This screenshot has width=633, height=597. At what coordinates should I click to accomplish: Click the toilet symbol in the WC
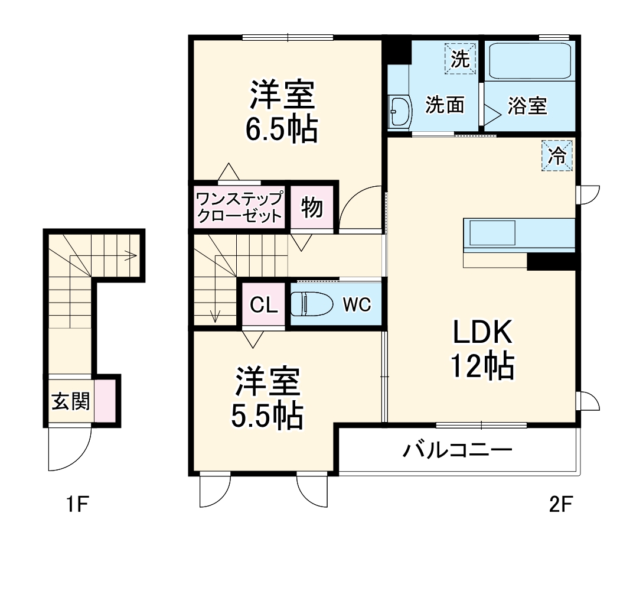point(308,304)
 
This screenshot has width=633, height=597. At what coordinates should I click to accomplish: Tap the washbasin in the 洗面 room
point(401,111)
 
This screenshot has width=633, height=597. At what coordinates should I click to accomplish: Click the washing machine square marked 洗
point(460,59)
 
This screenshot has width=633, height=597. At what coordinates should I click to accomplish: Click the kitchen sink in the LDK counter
point(492,233)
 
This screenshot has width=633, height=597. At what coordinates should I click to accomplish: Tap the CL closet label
point(263,305)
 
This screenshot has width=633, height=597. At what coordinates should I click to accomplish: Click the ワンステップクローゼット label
point(239,206)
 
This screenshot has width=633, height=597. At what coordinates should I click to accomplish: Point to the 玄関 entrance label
point(70,401)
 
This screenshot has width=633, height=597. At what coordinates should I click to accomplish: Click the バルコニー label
point(457,451)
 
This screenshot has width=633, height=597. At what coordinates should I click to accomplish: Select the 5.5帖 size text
point(266,417)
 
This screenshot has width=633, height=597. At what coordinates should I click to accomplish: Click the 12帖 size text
point(481,366)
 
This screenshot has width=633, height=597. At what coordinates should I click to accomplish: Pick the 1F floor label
point(76,505)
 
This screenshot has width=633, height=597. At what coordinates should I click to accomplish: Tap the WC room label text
point(357,304)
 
